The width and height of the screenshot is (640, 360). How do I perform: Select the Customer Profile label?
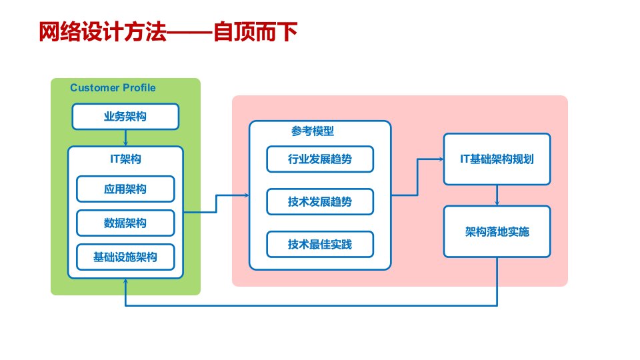pyautogui.click(x=113, y=87)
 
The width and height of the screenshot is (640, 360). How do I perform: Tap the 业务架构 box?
pyautogui.click(x=125, y=117)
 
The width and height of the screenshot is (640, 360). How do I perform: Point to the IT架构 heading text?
pyautogui.click(x=125, y=159)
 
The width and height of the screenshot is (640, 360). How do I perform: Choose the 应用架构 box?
pyautogui.click(x=125, y=189)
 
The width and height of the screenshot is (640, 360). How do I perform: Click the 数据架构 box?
pyautogui.click(x=125, y=223)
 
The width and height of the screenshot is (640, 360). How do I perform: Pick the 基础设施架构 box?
pyautogui.click(x=125, y=257)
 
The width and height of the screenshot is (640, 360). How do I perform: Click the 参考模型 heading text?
pyautogui.click(x=313, y=131)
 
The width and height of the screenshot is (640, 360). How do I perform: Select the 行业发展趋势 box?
pyautogui.click(x=320, y=159)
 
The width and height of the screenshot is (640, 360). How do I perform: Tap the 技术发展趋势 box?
pyautogui.click(x=320, y=202)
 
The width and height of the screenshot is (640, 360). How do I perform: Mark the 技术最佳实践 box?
pyautogui.click(x=320, y=245)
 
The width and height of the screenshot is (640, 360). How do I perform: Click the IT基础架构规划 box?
pyautogui.click(x=497, y=159)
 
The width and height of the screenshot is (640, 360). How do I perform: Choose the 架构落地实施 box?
pyautogui.click(x=497, y=231)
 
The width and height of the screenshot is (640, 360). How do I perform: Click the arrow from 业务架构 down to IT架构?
pyautogui.click(x=125, y=137)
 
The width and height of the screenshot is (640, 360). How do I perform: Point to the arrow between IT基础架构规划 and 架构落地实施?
pyautogui.click(x=497, y=195)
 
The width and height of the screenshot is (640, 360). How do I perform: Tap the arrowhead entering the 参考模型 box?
pyautogui.click(x=245, y=195)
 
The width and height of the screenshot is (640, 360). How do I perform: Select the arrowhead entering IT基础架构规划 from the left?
pyautogui.click(x=440, y=159)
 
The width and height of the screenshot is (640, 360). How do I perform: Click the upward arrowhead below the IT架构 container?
pyautogui.click(x=126, y=283)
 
